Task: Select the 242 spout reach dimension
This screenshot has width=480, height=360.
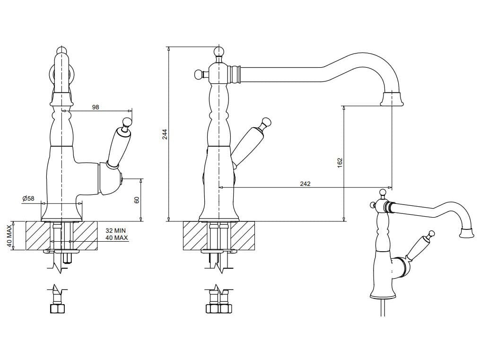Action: [x=305, y=184]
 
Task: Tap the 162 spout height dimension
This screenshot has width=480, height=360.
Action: [x=340, y=163]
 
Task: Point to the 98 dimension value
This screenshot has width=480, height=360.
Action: [x=96, y=107]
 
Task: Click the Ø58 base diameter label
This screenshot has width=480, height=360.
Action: [x=28, y=199]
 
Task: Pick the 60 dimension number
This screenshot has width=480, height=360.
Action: [x=137, y=200]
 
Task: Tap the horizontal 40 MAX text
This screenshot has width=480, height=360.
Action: [x=116, y=238]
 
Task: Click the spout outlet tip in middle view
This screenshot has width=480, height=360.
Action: [x=392, y=99]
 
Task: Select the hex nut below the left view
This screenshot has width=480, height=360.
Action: [x=57, y=308]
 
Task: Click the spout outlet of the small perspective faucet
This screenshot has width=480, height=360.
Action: [x=466, y=232]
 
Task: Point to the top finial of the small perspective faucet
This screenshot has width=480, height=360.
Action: [x=383, y=192]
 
